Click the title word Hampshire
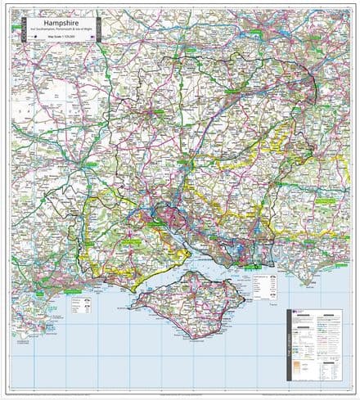(55, 25)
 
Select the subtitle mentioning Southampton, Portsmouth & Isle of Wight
(55, 32)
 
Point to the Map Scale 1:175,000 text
(55, 38)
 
